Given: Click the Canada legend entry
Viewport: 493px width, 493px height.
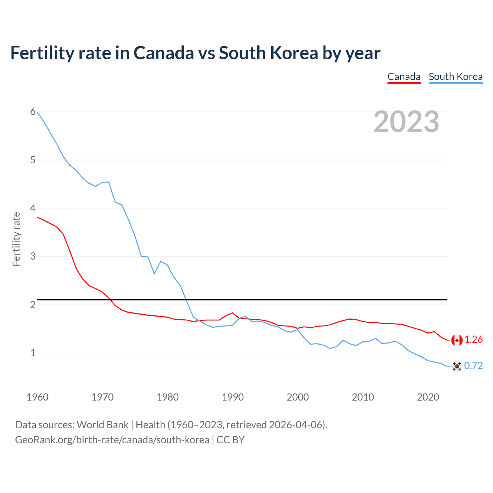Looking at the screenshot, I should coord(404,77).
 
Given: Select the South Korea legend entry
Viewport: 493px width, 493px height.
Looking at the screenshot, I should coord(455,77).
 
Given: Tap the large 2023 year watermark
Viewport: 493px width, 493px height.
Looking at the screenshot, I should coord(406,122).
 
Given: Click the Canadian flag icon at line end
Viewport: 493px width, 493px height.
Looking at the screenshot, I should coord(456,340).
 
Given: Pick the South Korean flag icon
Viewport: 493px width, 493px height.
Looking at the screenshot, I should coord(456,366).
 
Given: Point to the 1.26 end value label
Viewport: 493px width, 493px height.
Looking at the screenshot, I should coord(473,339).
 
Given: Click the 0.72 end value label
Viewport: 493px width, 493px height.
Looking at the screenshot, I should coord(473,366).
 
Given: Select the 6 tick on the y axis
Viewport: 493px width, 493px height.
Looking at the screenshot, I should coord(33,112).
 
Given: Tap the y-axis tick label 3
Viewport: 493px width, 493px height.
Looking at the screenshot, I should coord(33,256).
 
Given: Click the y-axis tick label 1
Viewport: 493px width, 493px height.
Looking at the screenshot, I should coord(33,353).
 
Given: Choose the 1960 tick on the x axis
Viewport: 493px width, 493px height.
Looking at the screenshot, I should coord(37,397).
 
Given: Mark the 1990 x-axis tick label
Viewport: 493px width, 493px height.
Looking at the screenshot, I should coord(233,397).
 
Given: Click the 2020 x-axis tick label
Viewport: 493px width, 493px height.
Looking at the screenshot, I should coord(428,397).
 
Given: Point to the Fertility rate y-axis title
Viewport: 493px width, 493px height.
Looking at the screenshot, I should coord(16,239).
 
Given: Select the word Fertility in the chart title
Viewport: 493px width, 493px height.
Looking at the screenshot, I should coord(42,53).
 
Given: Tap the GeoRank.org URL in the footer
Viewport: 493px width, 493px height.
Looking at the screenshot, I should coord(112,440).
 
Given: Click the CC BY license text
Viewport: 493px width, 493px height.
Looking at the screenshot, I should coord(230,440).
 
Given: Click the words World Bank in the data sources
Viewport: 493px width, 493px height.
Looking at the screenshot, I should coord(102,425).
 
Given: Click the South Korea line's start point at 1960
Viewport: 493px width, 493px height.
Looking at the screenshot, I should coord(37,112).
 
